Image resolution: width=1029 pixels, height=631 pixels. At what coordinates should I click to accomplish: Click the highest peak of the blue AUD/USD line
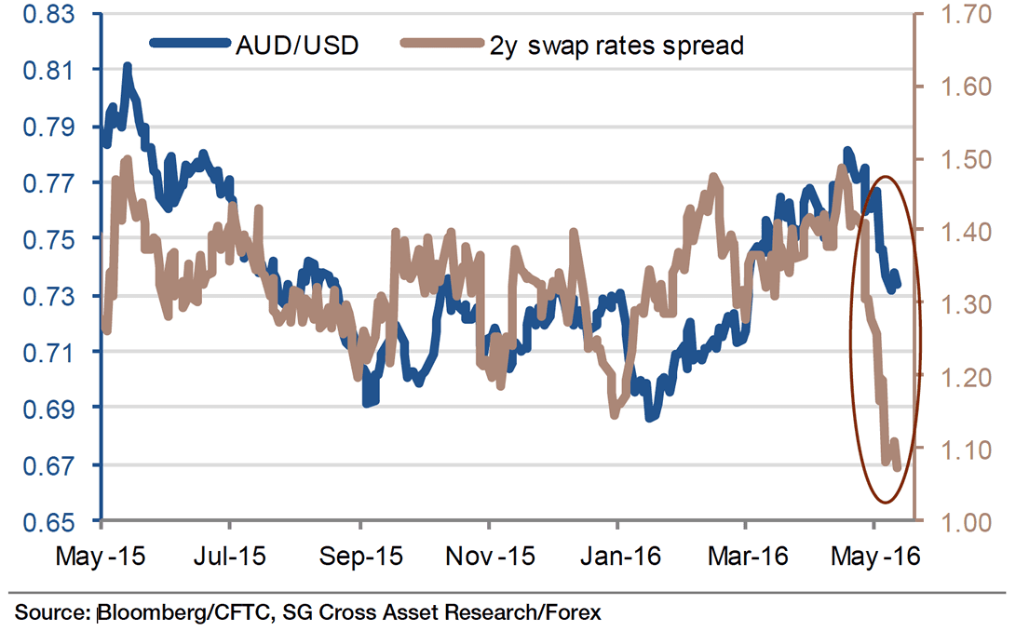pos(127,66)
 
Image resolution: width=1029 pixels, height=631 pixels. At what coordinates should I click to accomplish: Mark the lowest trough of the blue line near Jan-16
pos(649,418)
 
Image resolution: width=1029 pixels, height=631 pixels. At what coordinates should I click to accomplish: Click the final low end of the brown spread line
pos(898,467)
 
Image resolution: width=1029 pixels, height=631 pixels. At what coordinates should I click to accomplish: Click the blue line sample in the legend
pos(190,44)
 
